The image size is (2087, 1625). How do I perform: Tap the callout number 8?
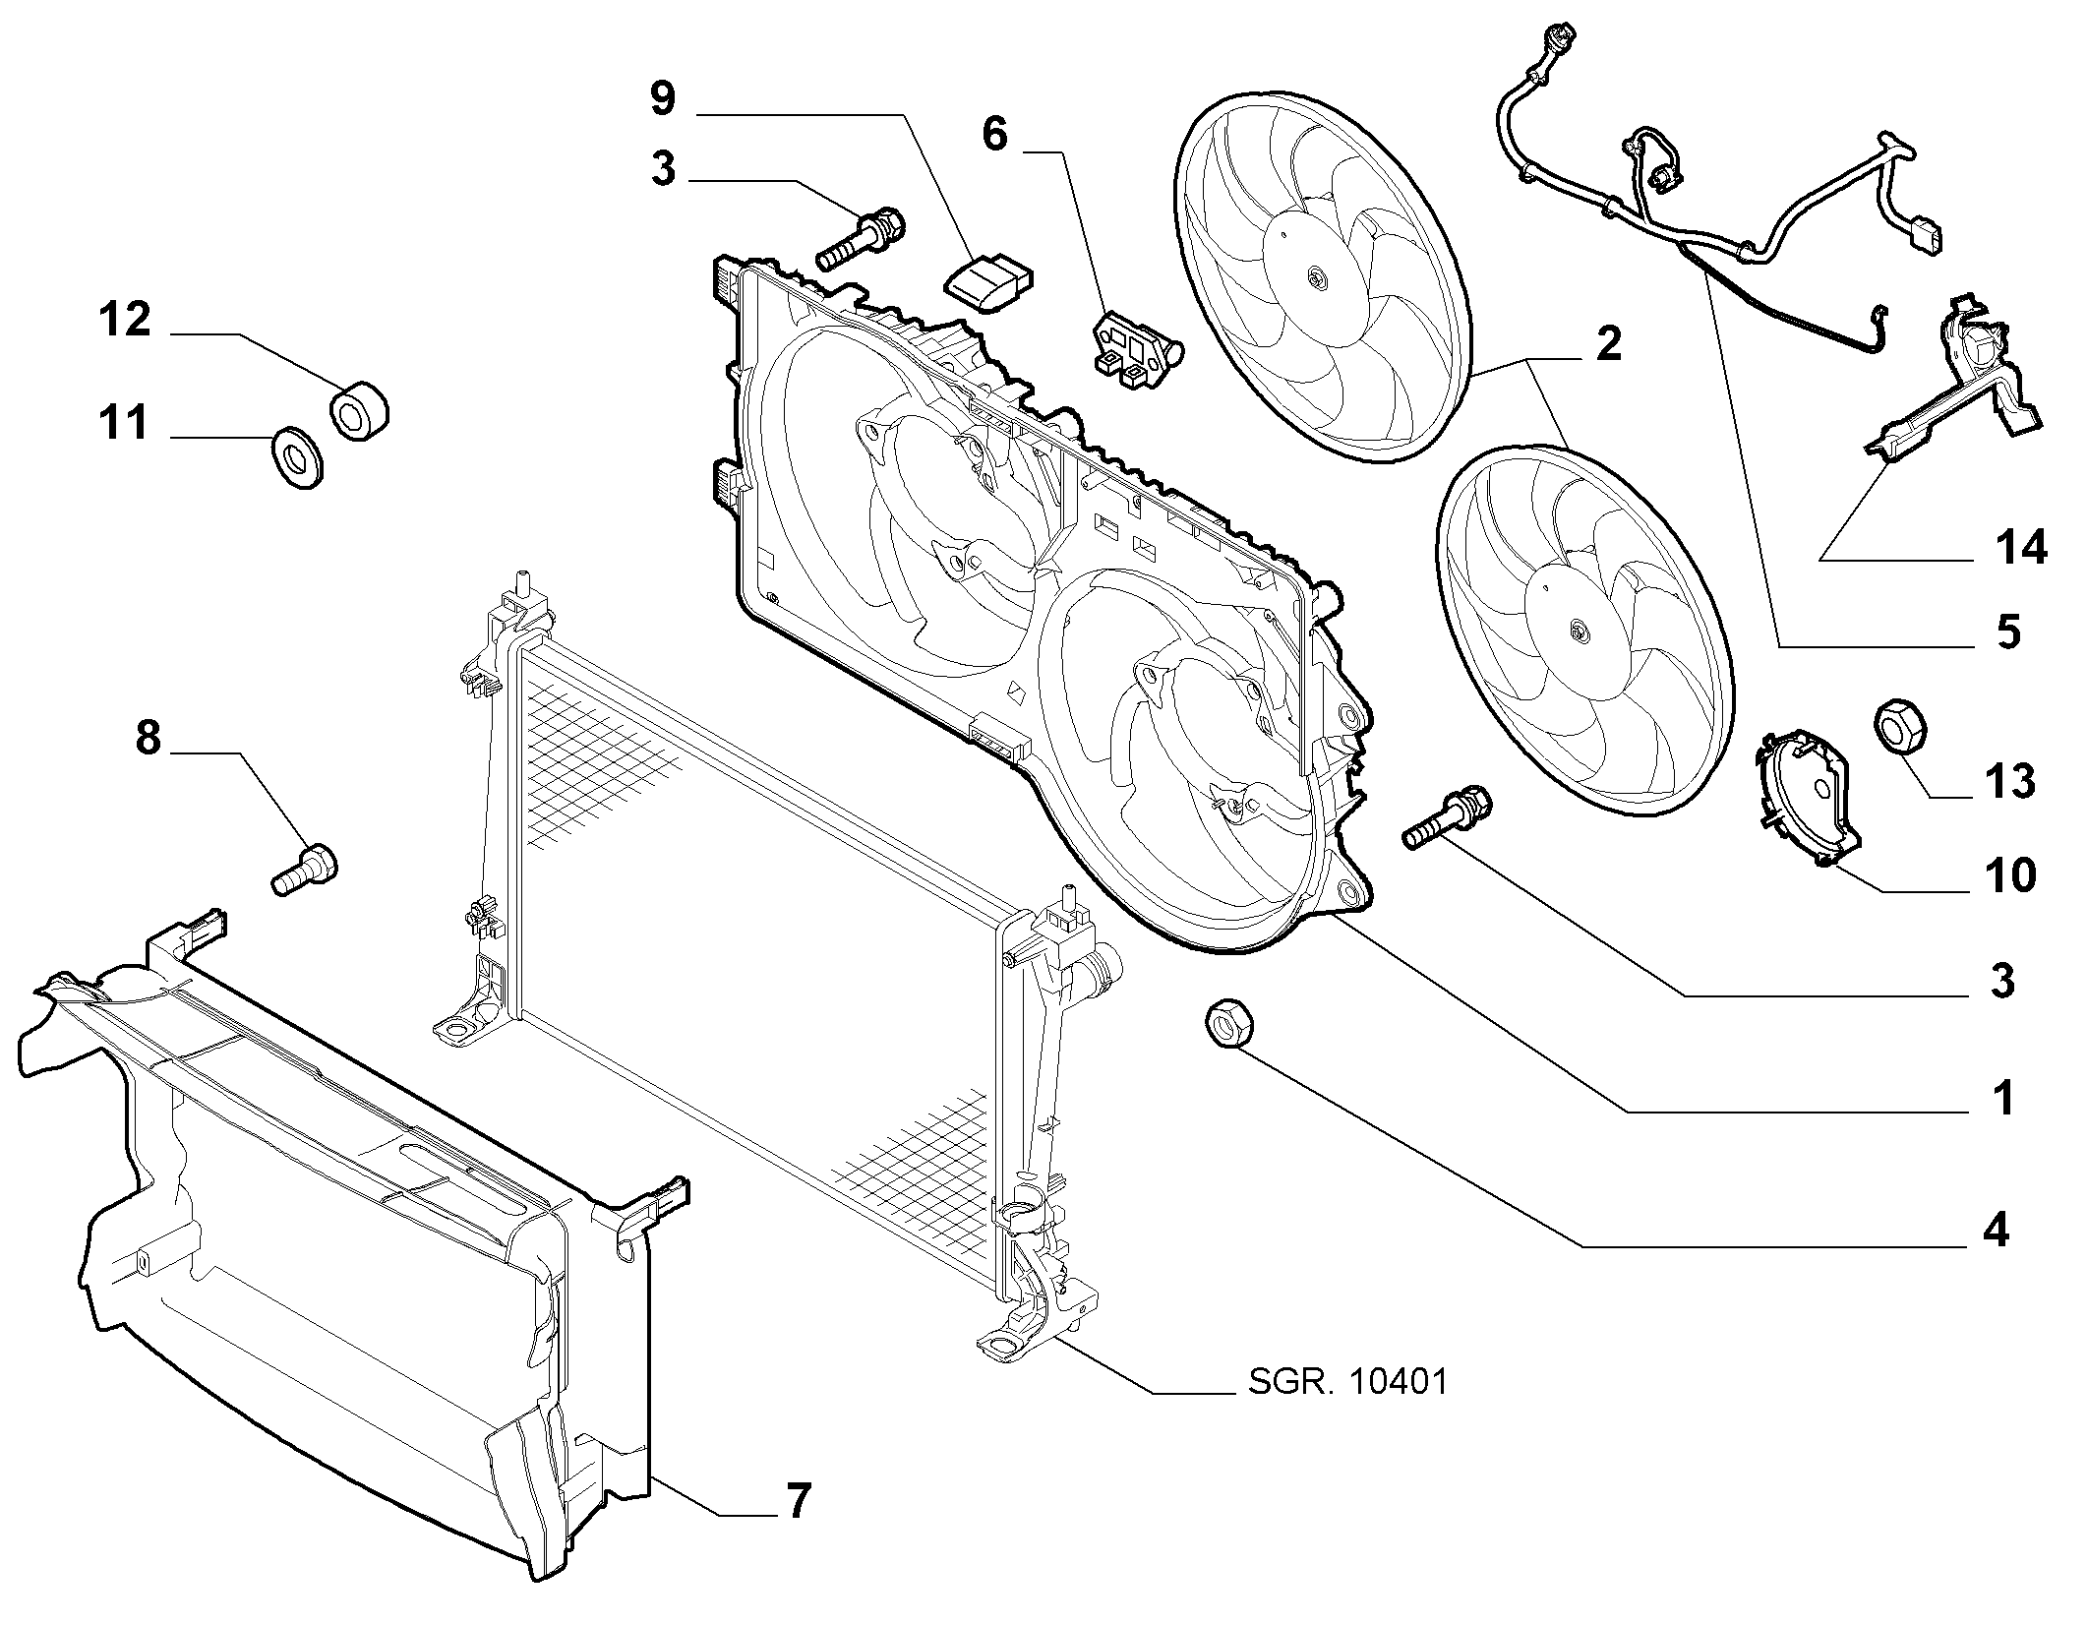(148, 737)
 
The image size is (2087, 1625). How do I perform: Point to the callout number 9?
(664, 98)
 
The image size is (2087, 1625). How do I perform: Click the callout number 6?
(995, 134)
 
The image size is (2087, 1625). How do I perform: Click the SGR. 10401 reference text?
(1347, 1382)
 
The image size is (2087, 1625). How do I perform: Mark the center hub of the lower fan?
(1579, 632)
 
